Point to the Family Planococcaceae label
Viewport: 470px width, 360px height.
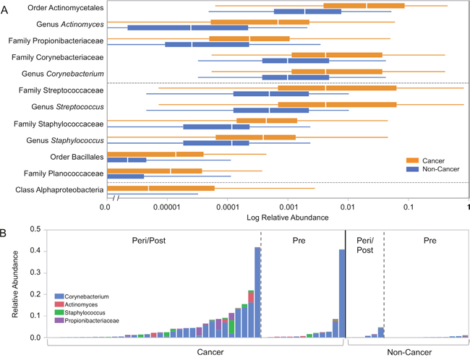pos(64,173)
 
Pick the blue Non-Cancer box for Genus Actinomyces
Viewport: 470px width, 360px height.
pos(188,27)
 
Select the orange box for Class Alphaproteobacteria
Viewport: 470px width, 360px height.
pos(161,189)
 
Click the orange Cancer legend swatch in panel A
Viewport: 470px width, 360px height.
pos(413,160)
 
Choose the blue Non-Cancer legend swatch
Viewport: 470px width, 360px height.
pos(413,171)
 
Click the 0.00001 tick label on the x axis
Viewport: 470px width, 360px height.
pos(167,207)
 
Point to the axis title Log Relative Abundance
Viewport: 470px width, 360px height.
pos(288,217)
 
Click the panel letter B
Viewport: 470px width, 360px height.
pos(5,233)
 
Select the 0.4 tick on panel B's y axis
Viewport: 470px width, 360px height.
pos(33,251)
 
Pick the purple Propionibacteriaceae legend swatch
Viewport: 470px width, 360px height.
pos(58,320)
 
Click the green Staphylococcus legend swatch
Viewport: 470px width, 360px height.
pos(58,312)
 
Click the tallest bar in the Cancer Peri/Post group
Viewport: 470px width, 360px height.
pos(257,292)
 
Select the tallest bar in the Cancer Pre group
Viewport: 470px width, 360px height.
pos(342,293)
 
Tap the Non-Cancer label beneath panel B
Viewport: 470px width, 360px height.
pos(406,352)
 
